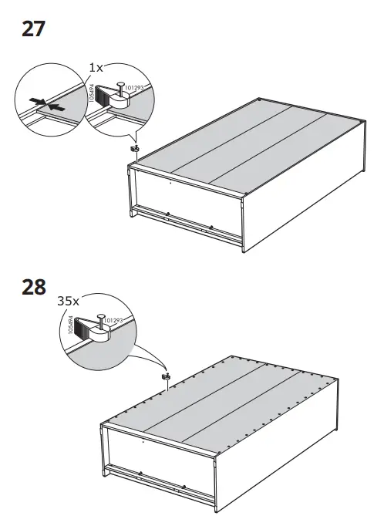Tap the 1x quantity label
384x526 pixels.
tap(96, 67)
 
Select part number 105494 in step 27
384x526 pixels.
tap(92, 95)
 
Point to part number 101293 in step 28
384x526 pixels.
tap(113, 319)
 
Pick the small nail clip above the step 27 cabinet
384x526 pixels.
tap(135, 148)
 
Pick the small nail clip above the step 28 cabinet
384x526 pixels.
tap(164, 376)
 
